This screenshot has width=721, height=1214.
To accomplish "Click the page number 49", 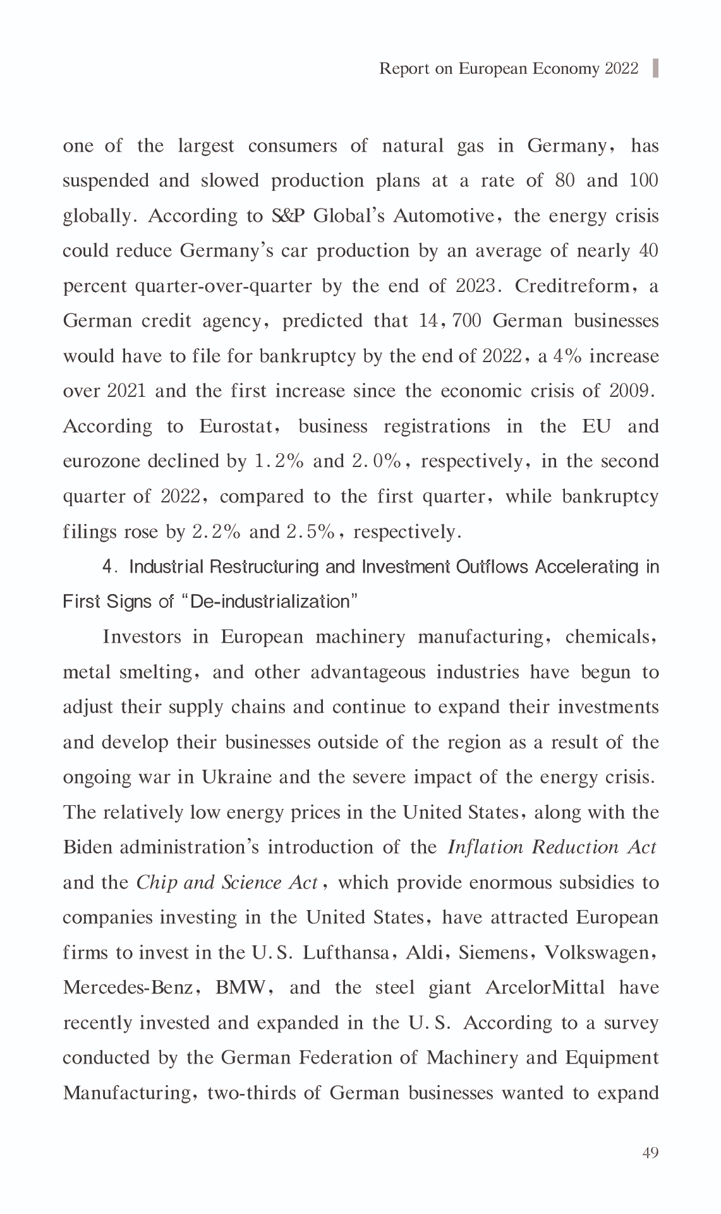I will coord(650,1152).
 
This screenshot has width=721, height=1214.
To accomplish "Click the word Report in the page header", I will coord(405,68).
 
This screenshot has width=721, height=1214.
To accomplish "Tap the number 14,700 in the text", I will coord(450,321).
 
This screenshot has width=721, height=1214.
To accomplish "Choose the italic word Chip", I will coord(155,882).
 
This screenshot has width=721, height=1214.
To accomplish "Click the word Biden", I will coord(88,847).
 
